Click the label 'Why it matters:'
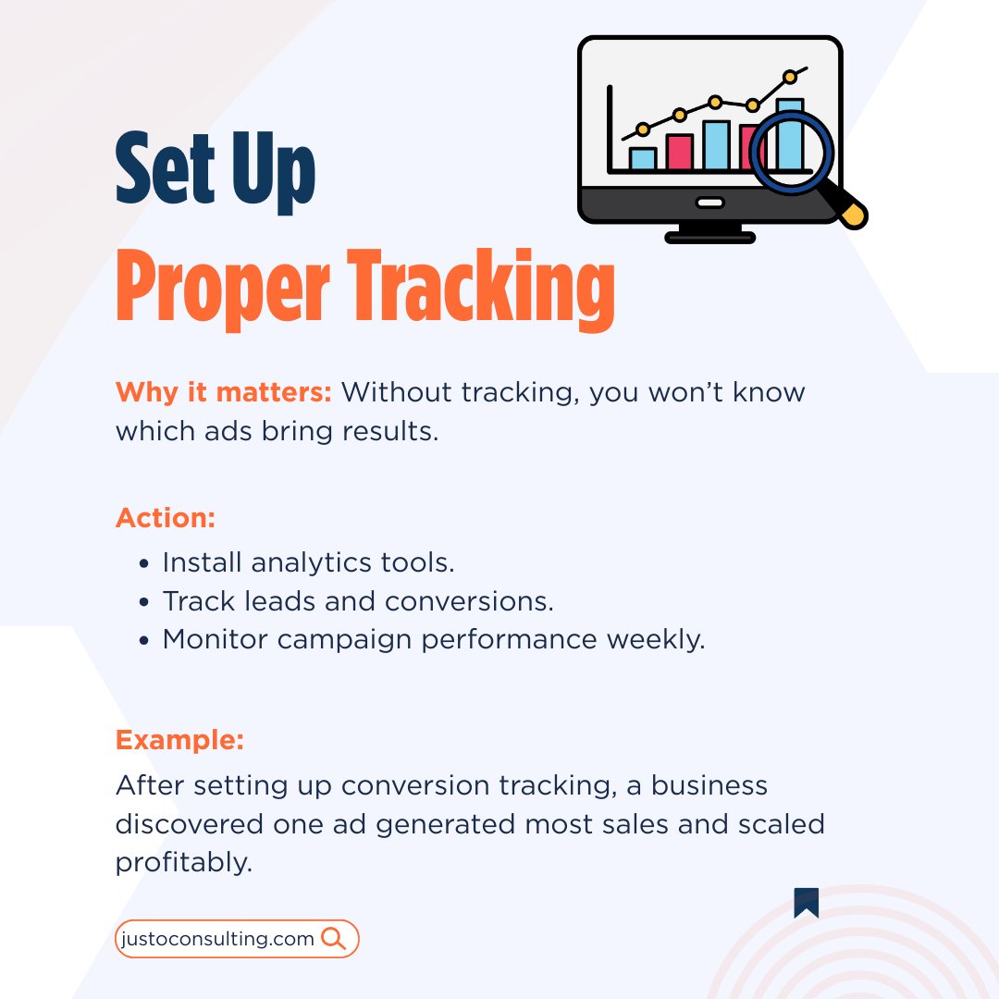pos(223,392)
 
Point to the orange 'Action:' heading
pos(166,518)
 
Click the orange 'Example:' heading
pos(179,740)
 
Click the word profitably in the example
pos(183,863)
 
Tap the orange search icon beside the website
pos(333,939)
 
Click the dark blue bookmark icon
pos(806,903)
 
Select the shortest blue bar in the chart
pos(643,158)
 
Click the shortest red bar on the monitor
pos(680,152)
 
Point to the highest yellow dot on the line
pos(790,77)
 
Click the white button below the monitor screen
pos(709,203)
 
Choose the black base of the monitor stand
pos(709,238)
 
